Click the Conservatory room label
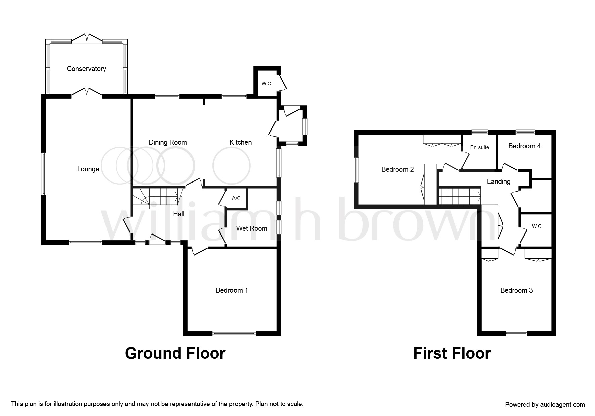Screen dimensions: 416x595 [x=86, y=69]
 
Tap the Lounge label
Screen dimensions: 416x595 [x=88, y=169]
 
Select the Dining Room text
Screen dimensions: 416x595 [x=168, y=142]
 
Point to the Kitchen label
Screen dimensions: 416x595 [x=241, y=142]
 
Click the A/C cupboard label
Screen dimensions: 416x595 [x=236, y=198]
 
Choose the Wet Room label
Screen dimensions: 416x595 [x=251, y=228]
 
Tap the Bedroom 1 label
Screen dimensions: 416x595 [x=231, y=290]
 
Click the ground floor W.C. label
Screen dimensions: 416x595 [x=267, y=84]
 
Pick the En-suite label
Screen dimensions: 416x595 [x=479, y=147]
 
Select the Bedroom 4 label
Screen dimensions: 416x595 [x=524, y=146]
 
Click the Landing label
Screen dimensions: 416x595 [x=499, y=181]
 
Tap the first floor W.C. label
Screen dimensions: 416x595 [x=537, y=226]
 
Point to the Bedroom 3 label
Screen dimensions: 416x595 [x=516, y=290]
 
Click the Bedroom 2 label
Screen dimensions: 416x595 [x=397, y=169]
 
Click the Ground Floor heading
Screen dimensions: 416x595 [x=175, y=353]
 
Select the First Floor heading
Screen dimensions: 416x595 [x=452, y=353]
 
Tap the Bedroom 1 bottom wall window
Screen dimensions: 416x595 [x=234, y=333]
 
